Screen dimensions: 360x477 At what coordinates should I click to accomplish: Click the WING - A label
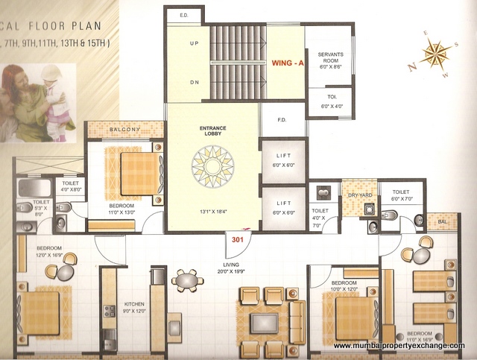(286, 64)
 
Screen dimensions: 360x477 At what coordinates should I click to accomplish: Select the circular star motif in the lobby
(212, 168)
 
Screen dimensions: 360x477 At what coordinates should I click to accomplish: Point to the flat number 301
(238, 240)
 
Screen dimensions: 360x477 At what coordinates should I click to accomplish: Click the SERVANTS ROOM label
(329, 60)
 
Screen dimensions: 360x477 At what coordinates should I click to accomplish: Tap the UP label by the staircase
(194, 44)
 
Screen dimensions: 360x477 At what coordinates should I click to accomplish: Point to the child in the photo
(54, 101)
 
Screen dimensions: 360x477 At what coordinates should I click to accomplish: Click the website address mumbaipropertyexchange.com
(399, 346)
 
